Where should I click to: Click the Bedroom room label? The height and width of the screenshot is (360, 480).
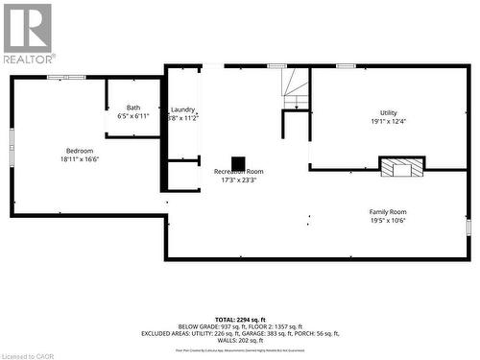point(80,151)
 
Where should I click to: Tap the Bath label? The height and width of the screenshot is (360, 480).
point(133,108)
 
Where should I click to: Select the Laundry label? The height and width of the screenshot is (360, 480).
point(183,109)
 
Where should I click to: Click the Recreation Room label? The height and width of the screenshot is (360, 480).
point(238,171)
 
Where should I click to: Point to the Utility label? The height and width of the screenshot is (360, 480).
point(388,112)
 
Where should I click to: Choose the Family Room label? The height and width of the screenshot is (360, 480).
point(388,211)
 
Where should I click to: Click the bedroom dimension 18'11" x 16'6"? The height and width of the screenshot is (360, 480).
point(80,159)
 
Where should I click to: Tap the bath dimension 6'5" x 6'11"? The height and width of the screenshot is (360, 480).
point(133,116)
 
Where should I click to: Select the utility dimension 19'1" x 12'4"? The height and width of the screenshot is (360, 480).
point(388,121)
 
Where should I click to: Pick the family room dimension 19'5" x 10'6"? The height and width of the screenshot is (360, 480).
point(388,220)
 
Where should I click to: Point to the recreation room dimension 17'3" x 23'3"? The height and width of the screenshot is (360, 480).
point(238,180)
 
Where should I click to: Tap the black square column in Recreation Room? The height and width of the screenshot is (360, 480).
point(238,161)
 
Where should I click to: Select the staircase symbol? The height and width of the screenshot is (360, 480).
point(296,89)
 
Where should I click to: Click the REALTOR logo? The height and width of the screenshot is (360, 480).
point(28,34)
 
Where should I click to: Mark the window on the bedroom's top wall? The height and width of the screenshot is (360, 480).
point(66,77)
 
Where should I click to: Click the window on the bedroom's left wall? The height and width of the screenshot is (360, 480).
point(12,138)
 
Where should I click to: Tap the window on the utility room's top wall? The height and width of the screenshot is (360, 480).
point(346,65)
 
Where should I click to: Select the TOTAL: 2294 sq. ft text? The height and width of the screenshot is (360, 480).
point(240,318)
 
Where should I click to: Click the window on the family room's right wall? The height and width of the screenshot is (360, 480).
point(468,228)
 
